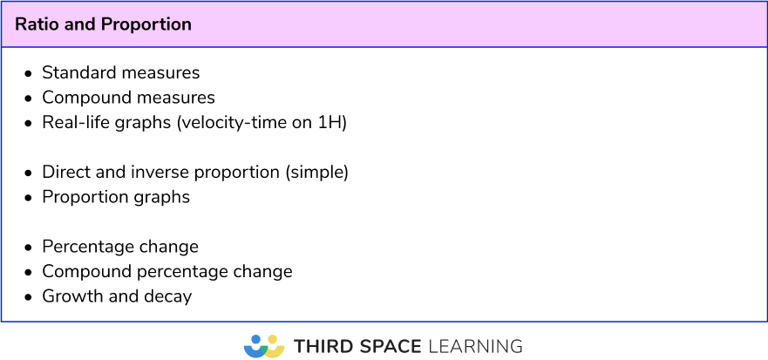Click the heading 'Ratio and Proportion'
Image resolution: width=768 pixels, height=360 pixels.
point(103,24)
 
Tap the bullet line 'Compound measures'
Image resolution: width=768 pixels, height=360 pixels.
point(128,98)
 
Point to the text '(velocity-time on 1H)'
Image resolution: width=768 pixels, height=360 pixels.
point(262,123)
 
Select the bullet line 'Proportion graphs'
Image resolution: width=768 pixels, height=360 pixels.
point(116,197)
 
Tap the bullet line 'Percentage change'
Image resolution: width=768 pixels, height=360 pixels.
point(120,247)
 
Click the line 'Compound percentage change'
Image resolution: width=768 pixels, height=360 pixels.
point(167,271)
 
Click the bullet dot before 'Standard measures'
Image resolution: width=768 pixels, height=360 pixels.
point(29,73)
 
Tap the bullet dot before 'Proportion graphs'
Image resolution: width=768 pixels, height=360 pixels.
point(29,198)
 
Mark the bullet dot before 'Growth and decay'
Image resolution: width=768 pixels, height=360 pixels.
point(29,297)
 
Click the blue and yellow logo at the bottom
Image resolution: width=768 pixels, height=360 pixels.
point(264,346)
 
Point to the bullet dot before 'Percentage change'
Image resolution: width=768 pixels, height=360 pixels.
point(29,248)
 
